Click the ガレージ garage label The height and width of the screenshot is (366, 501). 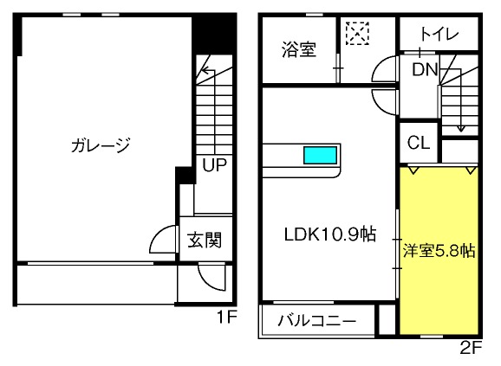[x=101, y=145]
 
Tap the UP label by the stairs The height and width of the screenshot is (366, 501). [x=214, y=164]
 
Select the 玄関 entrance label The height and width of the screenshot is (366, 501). [x=205, y=240]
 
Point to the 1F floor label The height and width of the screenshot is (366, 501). [x=226, y=317]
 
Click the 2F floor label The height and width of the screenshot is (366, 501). [x=471, y=347]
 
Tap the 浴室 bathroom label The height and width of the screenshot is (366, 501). [x=299, y=49]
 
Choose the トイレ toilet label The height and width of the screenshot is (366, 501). [x=439, y=34]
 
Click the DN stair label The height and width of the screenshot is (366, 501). [x=425, y=69]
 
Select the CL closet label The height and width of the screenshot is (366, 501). [x=419, y=143]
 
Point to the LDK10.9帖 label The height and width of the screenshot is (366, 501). [x=330, y=234]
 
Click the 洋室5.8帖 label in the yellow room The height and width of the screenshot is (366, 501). [x=439, y=251]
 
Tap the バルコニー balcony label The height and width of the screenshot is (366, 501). [x=316, y=320]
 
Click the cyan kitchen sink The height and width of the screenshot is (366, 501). [x=320, y=155]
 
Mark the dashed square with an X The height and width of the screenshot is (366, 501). [x=357, y=33]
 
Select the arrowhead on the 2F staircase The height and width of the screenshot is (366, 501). [x=460, y=128]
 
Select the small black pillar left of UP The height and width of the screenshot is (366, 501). [x=185, y=175]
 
